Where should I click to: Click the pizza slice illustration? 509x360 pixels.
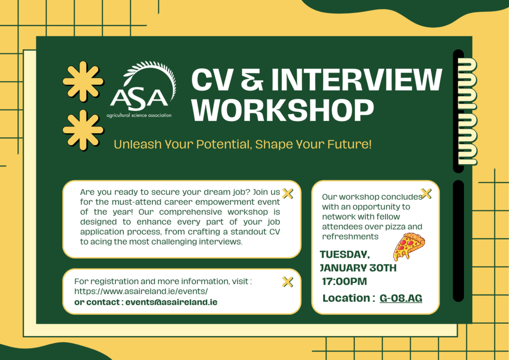tap(409, 247)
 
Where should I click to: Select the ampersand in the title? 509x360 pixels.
tap(252, 80)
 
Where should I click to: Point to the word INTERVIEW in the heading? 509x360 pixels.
tap(356, 80)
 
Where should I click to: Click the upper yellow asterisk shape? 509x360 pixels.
tap(83, 81)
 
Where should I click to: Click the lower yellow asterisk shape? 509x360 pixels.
tap(83, 130)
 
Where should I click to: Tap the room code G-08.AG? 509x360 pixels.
tap(401, 298)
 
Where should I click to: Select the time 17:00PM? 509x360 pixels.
tap(344, 281)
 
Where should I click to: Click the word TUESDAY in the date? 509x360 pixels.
tap(345, 255)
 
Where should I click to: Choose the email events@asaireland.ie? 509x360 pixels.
tap(171, 302)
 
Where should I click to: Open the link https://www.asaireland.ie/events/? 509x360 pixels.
tap(141, 291)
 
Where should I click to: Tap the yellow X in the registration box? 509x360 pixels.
tap(288, 282)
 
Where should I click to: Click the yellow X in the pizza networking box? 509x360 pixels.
tap(426, 193)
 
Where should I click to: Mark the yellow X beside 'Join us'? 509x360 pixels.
tap(288, 193)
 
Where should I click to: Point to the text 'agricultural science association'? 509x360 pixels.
tap(139, 115)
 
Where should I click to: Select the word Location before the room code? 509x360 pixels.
tap(346, 298)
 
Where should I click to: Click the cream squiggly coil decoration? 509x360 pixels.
tap(467, 111)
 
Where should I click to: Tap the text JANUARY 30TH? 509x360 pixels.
tap(358, 268)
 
